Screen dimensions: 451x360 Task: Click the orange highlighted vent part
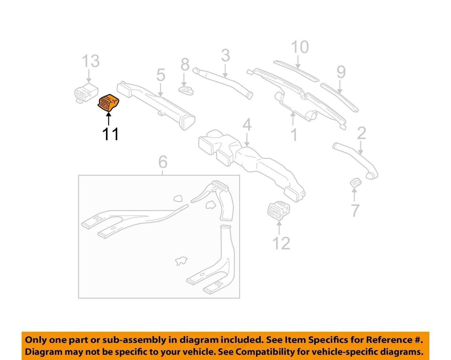click(108, 102)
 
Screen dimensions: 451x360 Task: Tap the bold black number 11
click(110, 134)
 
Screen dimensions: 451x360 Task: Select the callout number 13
click(91, 61)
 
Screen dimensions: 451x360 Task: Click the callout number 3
click(225, 55)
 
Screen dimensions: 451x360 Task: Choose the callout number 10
click(300, 47)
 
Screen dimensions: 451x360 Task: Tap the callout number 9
click(341, 72)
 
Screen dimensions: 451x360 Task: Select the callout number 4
click(247, 125)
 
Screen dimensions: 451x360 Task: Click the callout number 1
click(294, 135)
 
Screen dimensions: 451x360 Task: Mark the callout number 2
click(361, 133)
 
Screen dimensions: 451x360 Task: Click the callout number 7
click(355, 210)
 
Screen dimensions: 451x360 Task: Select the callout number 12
click(281, 243)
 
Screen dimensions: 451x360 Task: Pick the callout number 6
click(163, 162)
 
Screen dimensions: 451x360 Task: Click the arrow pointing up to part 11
click(109, 119)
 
